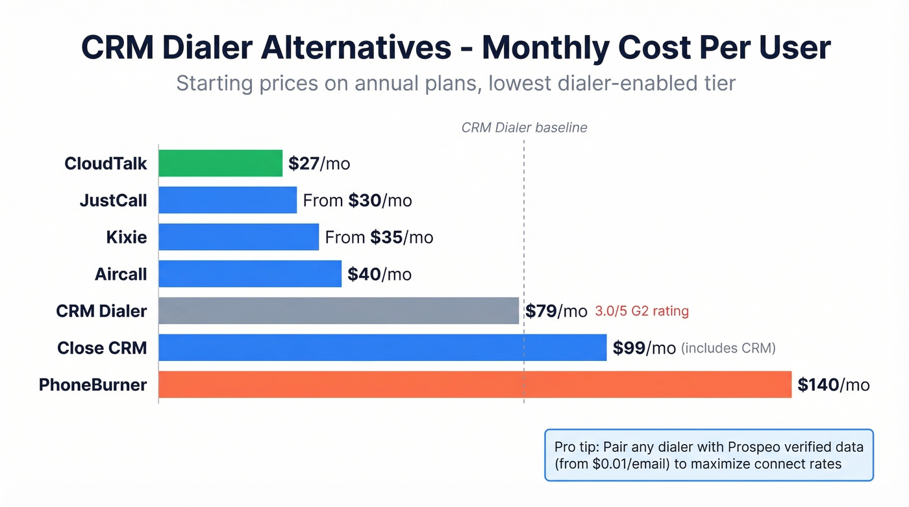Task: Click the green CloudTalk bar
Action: tap(220, 163)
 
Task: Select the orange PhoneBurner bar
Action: tap(475, 384)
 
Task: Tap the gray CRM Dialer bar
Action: tap(338, 311)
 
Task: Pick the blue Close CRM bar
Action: tap(382, 348)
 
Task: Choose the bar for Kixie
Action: tap(238, 237)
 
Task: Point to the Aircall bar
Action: tap(249, 274)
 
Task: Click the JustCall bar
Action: tap(227, 200)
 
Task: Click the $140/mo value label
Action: tap(833, 385)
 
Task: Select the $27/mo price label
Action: tap(319, 164)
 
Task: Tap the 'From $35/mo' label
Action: tap(379, 238)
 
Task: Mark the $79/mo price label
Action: tap(556, 312)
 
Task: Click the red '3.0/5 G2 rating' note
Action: tap(641, 312)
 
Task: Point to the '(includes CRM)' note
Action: tap(728, 349)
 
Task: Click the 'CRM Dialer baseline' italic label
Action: tap(524, 128)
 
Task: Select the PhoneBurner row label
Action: tap(93, 385)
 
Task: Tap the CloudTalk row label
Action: tap(106, 164)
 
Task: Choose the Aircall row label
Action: tap(121, 275)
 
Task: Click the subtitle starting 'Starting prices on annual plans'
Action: tap(455, 84)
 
